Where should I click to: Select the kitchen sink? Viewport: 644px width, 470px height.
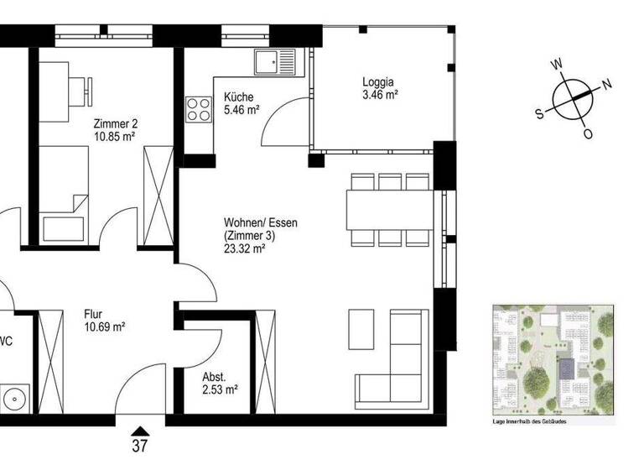click(x=277, y=61)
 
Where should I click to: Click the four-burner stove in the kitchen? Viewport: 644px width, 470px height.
click(x=199, y=110)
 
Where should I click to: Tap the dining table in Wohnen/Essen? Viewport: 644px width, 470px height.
click(x=390, y=209)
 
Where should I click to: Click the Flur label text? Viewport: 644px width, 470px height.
click(x=93, y=315)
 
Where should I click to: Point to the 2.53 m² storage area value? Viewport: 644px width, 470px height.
click(x=220, y=389)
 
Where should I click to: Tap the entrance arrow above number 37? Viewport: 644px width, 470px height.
click(x=140, y=430)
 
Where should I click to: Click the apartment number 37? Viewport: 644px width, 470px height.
click(x=140, y=446)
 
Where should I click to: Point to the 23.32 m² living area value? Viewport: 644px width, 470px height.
click(x=245, y=248)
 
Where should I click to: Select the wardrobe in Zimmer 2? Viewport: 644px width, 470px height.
click(x=158, y=198)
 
